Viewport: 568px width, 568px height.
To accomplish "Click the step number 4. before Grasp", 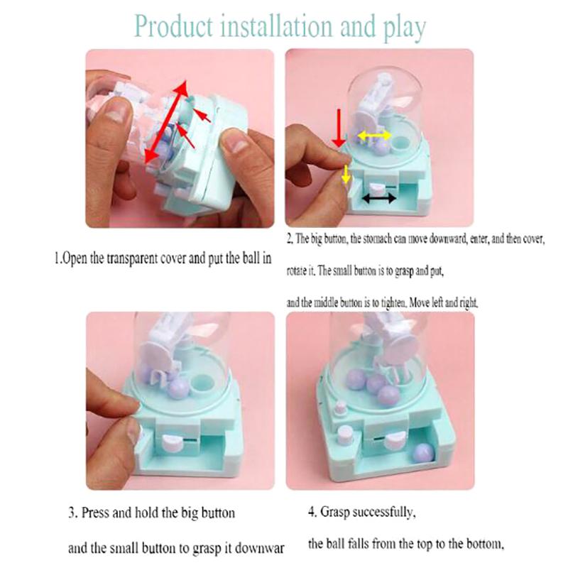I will click(313, 511).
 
